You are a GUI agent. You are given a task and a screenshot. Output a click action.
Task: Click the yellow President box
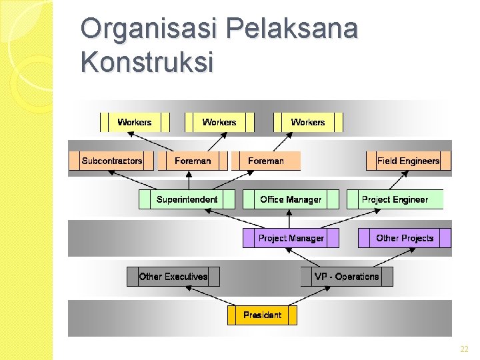262,315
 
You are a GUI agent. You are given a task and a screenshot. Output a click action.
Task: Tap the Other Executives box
173,277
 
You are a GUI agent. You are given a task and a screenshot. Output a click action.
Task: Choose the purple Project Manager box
291,238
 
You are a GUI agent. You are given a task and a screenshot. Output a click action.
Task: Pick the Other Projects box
404,238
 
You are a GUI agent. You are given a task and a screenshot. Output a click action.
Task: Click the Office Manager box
291,199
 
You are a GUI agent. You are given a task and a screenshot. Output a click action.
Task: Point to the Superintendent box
187,199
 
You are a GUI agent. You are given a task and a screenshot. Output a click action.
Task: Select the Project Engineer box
395,199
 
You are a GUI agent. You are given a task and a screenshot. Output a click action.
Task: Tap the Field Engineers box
408,161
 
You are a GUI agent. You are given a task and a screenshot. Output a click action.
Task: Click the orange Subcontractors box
111,161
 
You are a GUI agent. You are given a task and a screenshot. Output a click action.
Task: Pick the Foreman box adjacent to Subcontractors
193,161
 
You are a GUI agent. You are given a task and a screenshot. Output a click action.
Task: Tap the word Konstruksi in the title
147,62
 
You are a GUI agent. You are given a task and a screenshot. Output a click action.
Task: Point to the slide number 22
464,349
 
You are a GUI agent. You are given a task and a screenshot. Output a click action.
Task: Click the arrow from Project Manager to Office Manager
289,219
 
